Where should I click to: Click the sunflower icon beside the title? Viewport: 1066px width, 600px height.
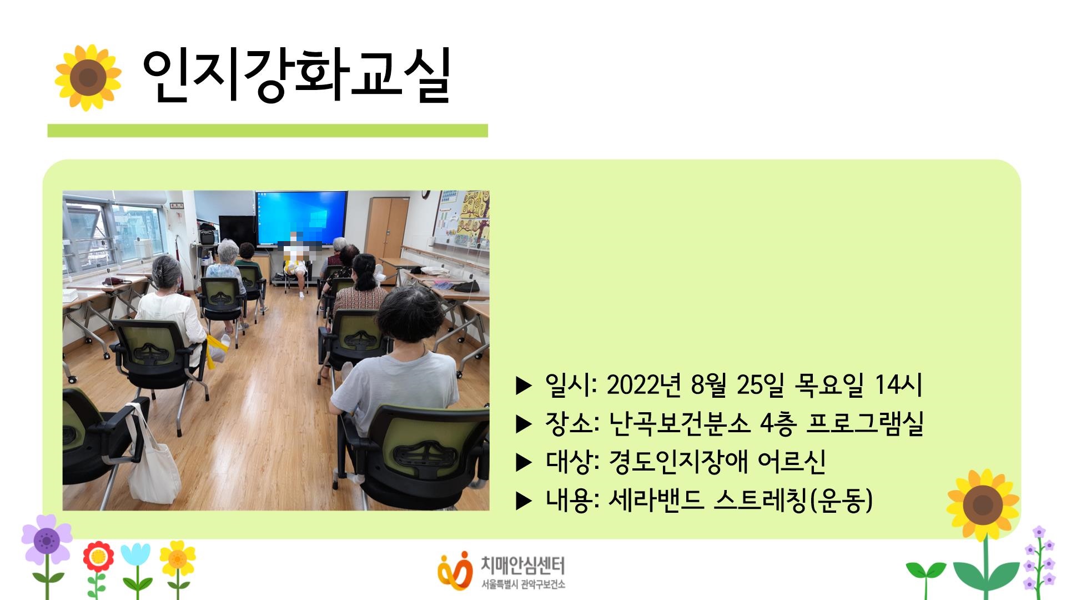click(88, 77)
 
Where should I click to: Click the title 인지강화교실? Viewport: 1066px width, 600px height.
click(296, 76)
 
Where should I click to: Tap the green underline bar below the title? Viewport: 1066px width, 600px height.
click(267, 131)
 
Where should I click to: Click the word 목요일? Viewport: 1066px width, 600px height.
click(829, 384)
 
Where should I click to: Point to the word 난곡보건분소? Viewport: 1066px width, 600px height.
click(680, 423)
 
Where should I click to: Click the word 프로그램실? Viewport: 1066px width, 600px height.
click(864, 423)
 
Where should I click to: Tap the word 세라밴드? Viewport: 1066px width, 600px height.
click(656, 500)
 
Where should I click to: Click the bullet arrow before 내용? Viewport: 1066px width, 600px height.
click(524, 501)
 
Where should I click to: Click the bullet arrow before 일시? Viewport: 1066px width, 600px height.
click(524, 386)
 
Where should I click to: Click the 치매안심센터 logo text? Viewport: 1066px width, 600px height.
click(522, 566)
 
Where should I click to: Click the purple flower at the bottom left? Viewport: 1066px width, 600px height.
click(47, 539)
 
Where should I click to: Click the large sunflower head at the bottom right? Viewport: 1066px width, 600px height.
click(983, 505)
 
